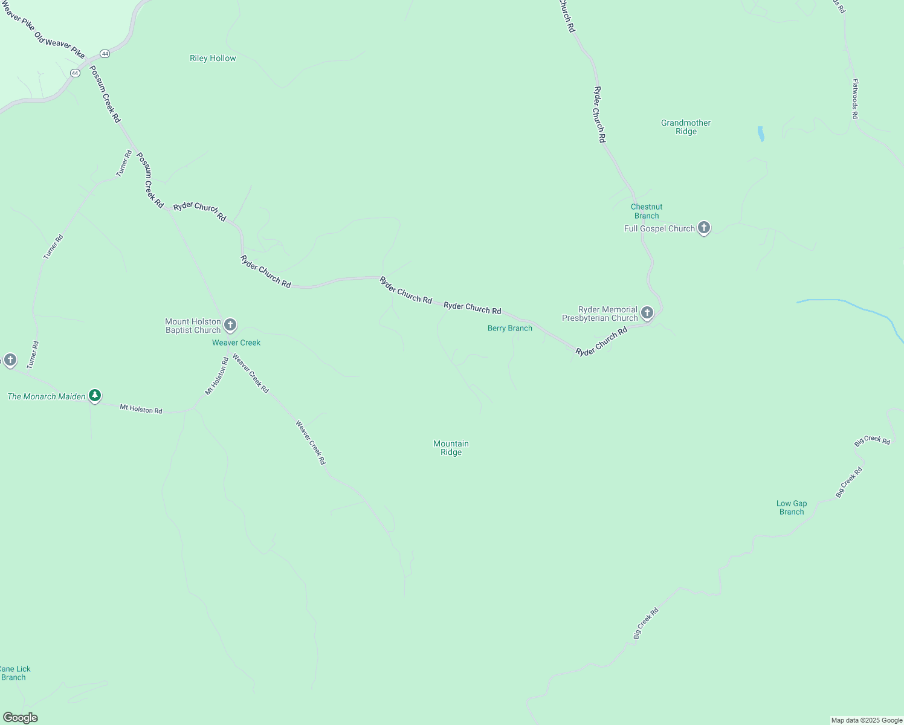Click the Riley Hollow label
(x=213, y=59)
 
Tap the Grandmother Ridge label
(x=686, y=127)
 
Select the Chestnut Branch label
(x=647, y=211)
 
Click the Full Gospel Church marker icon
(x=703, y=228)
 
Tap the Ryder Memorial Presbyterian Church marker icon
(x=647, y=313)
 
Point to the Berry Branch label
(x=510, y=329)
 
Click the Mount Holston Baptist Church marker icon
(x=230, y=325)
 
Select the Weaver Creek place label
(x=236, y=343)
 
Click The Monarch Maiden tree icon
(x=95, y=396)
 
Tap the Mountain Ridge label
(x=451, y=448)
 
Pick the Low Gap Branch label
(x=792, y=507)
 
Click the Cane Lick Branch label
(x=15, y=673)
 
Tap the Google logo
(x=21, y=718)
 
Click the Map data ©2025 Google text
(x=867, y=720)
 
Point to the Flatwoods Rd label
(x=855, y=98)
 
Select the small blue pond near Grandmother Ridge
(x=761, y=134)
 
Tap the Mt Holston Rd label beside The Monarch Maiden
(x=141, y=409)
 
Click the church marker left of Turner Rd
(x=10, y=361)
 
